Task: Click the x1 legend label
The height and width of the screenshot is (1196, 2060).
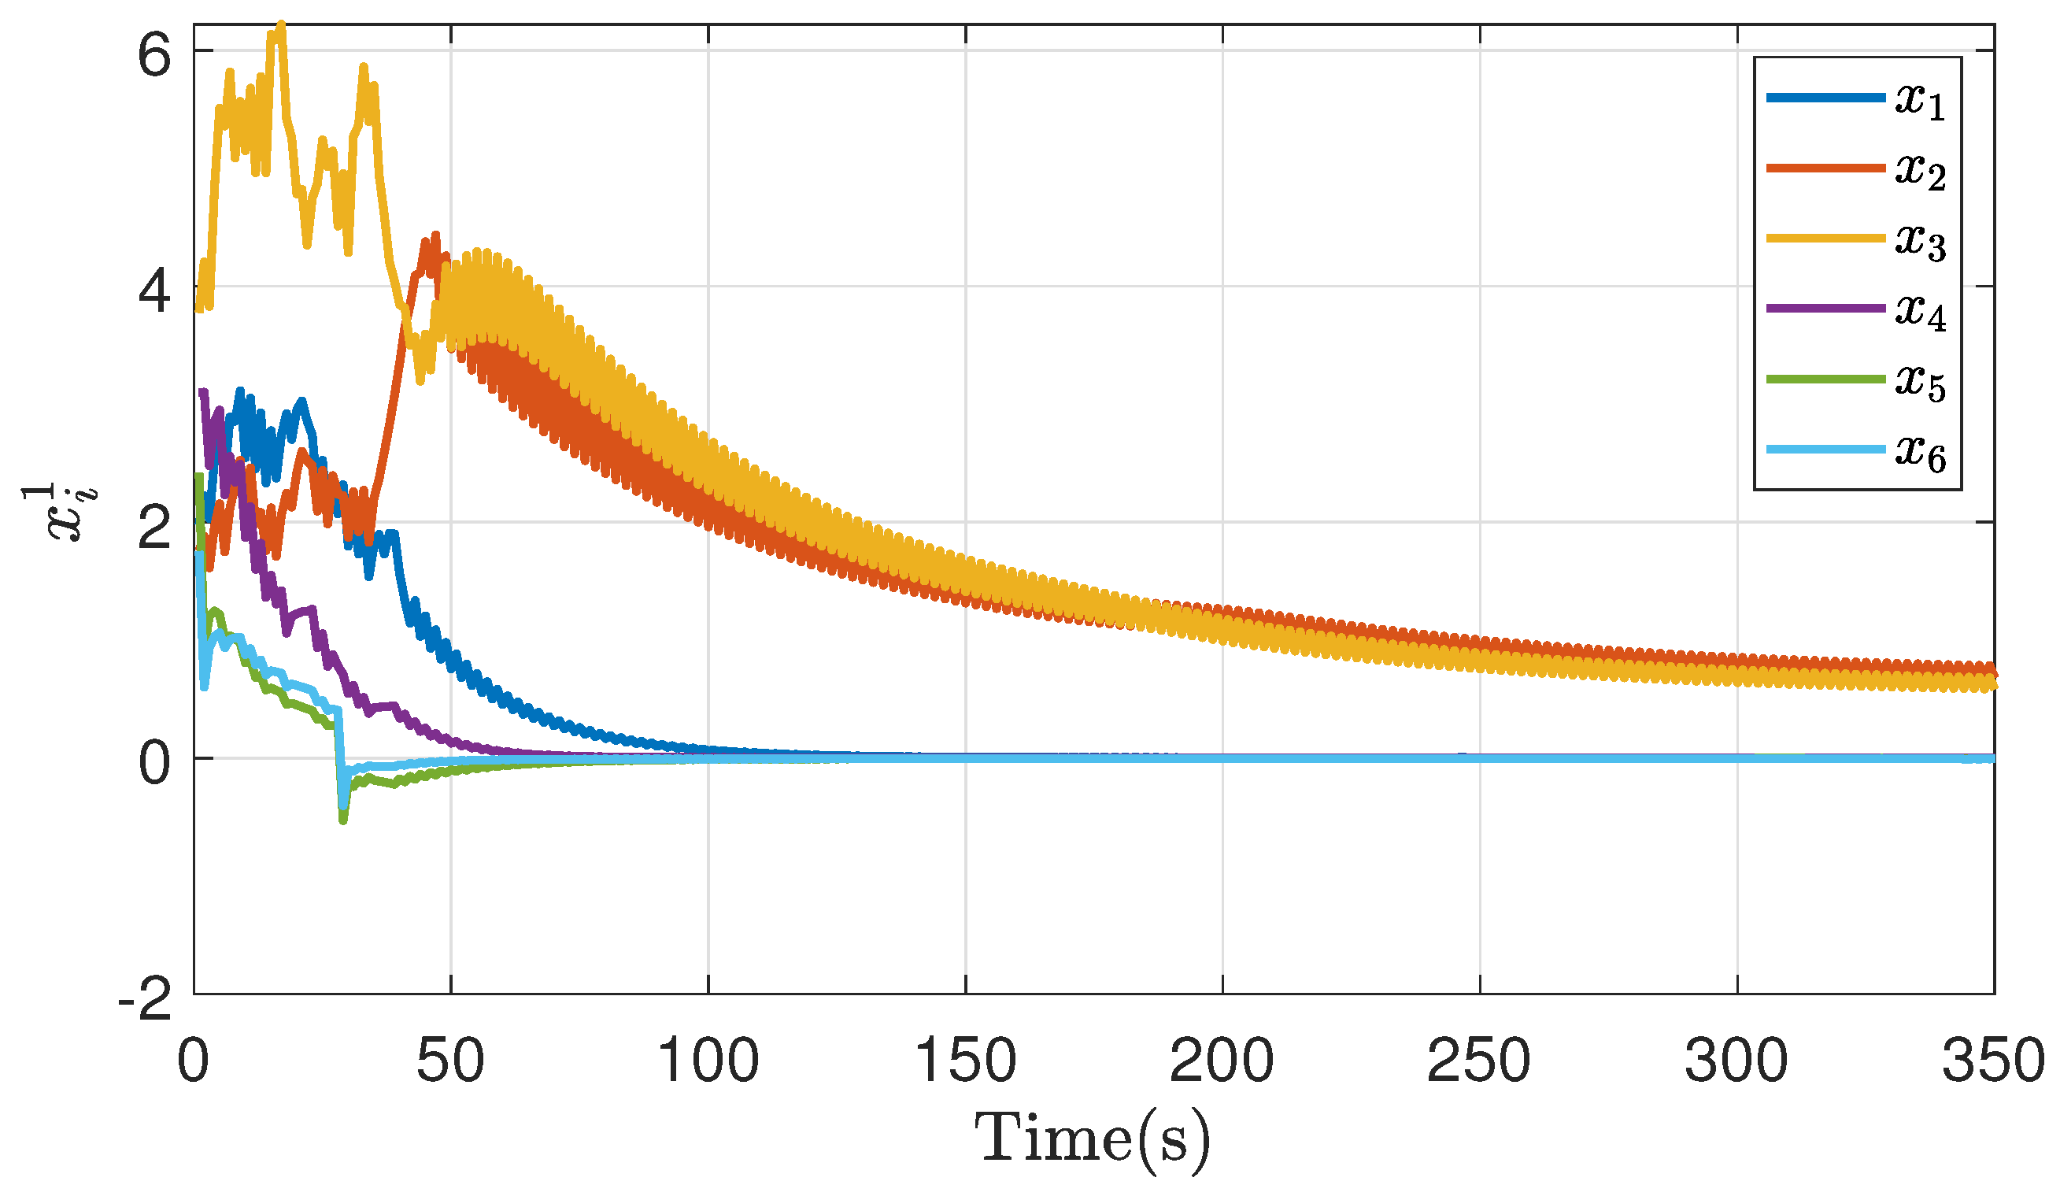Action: (1920, 102)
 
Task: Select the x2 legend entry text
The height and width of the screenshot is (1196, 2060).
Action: (1920, 172)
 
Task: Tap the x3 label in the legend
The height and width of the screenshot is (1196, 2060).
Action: (1920, 242)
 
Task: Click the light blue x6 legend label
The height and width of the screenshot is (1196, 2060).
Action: (1920, 454)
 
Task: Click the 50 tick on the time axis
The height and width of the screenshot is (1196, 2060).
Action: (450, 1061)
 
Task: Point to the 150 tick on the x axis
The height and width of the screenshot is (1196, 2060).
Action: (965, 1061)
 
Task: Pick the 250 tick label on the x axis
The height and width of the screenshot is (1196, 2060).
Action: (1479, 1061)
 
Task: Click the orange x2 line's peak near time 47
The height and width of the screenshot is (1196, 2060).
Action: (435, 235)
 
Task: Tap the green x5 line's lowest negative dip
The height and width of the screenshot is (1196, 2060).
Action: (342, 820)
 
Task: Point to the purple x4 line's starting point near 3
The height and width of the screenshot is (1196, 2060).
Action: (204, 391)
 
